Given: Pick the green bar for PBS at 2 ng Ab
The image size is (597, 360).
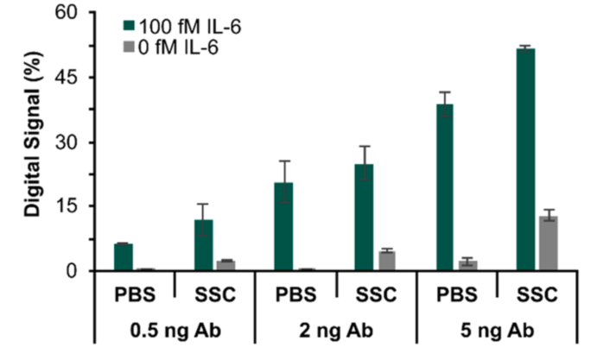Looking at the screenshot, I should coord(283,227).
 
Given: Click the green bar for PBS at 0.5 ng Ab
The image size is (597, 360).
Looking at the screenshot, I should coord(124,257).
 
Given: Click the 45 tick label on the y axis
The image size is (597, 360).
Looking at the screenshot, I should coord(71,78).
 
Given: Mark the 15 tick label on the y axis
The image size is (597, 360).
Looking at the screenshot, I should coord(71,206).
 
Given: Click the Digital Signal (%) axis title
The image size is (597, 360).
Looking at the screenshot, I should coord(30,142).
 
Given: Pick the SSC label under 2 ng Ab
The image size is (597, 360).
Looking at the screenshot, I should coord(375,295).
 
